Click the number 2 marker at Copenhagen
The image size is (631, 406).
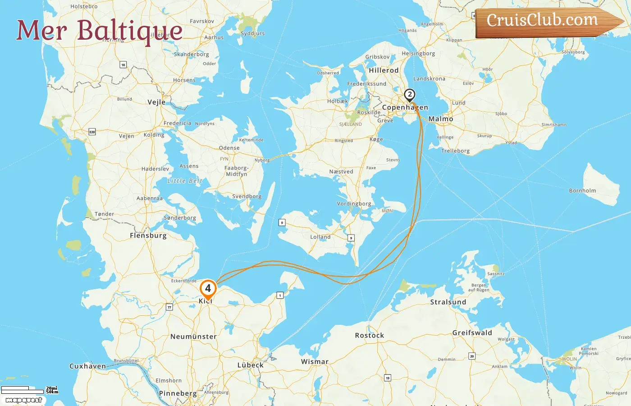click(x=409, y=95)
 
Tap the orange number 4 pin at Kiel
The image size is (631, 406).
click(x=208, y=288)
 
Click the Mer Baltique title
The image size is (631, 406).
click(x=99, y=31)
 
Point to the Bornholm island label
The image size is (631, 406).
click(x=582, y=191)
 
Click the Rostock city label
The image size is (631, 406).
click(x=370, y=336)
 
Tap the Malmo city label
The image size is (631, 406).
click(x=441, y=119)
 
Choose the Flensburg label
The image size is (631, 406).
click(x=148, y=235)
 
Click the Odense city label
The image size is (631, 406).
click(x=229, y=148)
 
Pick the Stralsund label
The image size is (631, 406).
click(x=448, y=302)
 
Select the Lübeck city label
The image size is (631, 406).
click(x=251, y=365)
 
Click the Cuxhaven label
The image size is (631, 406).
click(x=87, y=366)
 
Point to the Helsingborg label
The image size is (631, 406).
click(x=418, y=54)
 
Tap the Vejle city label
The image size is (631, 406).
click(x=156, y=102)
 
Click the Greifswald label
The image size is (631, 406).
click(x=472, y=333)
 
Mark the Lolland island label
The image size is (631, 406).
click(x=320, y=237)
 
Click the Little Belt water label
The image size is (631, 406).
click(x=185, y=181)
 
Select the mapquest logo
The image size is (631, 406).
click(x=23, y=400)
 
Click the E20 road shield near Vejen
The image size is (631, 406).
click(x=92, y=132)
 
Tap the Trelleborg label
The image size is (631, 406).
click(x=455, y=151)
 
